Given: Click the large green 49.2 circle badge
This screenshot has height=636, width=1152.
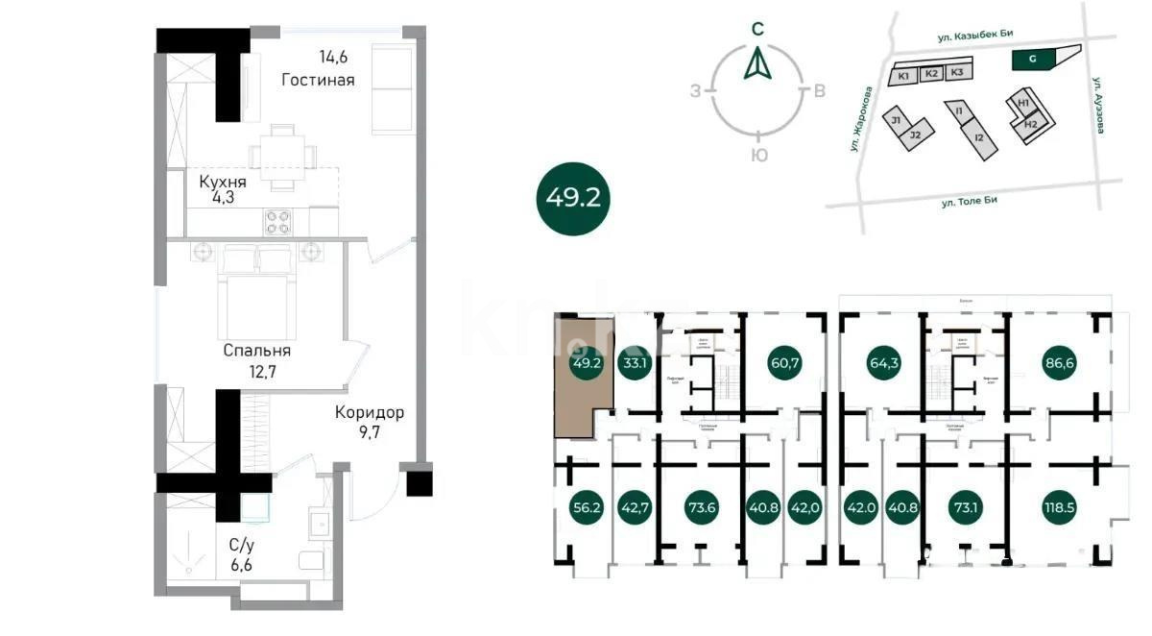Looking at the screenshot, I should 573,198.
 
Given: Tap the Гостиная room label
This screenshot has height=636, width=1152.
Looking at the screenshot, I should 318,80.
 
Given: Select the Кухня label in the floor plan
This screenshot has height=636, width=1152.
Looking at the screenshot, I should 223,182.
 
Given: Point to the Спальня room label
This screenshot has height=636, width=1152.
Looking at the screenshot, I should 256,351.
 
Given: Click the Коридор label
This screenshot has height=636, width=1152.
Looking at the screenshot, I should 370,413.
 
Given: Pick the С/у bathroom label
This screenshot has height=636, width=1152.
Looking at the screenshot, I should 242,544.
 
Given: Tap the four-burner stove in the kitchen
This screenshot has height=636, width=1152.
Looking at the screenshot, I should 278,222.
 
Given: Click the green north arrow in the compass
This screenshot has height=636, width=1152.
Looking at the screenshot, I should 757,64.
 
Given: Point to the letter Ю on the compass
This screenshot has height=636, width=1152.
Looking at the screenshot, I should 757,156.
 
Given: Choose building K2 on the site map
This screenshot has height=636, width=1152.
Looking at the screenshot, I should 930,74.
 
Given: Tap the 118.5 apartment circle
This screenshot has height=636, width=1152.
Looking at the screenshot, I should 1063,506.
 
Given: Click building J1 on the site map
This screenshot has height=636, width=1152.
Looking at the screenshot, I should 895,120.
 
